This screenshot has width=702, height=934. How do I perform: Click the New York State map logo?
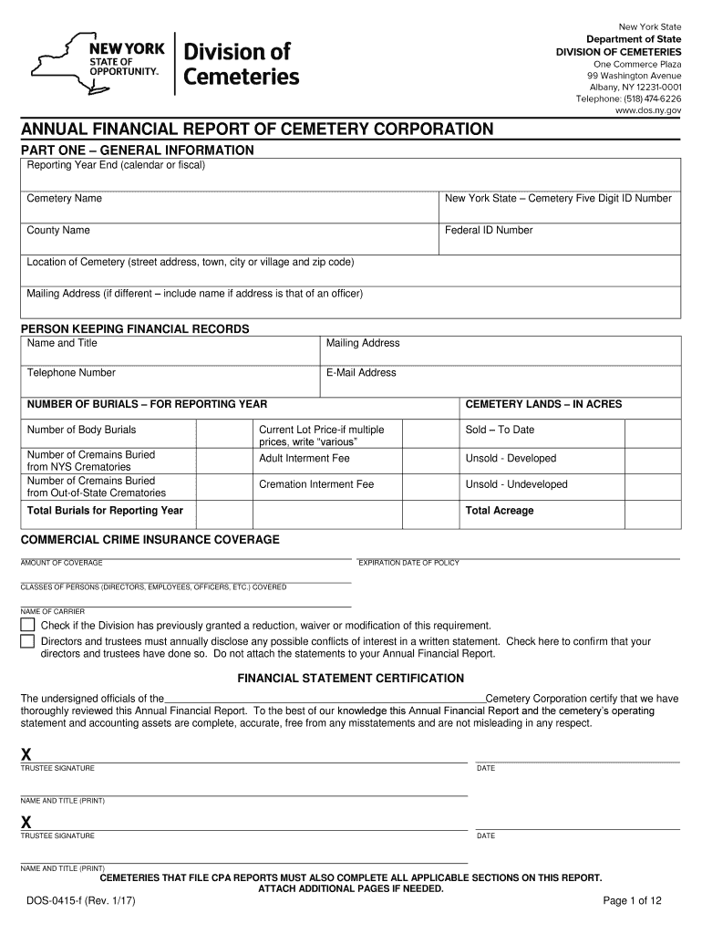(x=55, y=63)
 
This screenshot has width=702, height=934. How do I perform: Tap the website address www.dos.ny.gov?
(x=647, y=110)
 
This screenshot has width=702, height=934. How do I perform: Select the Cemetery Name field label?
(x=64, y=199)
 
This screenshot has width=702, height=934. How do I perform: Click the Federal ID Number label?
(x=488, y=231)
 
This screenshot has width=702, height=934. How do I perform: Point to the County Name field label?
(x=58, y=231)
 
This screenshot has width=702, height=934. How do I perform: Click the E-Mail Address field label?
(x=361, y=373)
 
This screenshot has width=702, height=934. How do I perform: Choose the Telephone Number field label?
(x=71, y=373)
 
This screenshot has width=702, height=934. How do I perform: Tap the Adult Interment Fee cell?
(x=304, y=459)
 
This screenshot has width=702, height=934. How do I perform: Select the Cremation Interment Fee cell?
(x=315, y=484)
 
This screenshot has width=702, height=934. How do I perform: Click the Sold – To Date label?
(x=500, y=430)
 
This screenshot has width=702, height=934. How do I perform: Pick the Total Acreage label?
(x=500, y=511)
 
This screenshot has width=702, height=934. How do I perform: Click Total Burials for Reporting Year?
(x=105, y=511)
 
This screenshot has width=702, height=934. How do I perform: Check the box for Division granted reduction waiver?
(x=27, y=625)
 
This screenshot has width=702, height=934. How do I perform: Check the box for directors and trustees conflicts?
(x=27, y=641)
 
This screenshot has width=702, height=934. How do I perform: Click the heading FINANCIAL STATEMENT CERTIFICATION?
(x=351, y=679)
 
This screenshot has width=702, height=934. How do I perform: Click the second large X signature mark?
(x=26, y=823)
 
